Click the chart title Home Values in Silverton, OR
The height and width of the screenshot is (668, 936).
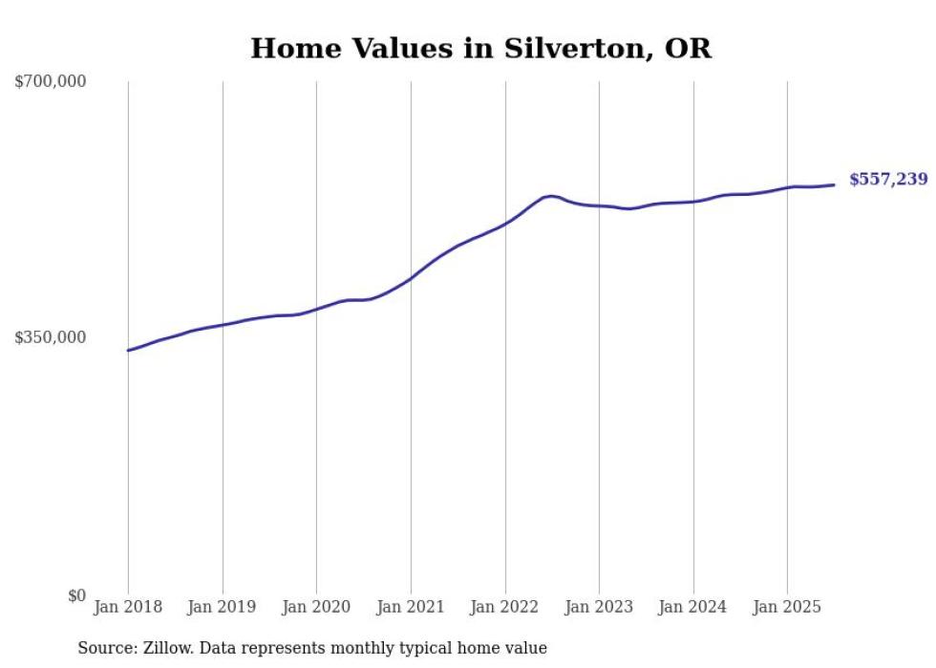(x=480, y=49)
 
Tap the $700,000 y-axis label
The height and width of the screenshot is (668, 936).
(x=50, y=82)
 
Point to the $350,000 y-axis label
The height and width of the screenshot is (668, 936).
(x=50, y=337)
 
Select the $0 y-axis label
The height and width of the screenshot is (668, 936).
(x=76, y=595)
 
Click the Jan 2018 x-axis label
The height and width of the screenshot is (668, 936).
(x=128, y=607)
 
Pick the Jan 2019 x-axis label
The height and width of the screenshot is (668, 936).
(x=223, y=607)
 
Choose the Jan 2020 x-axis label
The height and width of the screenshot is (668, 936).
(x=316, y=607)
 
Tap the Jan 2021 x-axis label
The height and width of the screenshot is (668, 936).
(x=411, y=607)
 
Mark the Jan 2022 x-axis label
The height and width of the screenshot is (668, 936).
(x=505, y=607)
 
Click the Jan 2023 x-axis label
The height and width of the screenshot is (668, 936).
(x=599, y=607)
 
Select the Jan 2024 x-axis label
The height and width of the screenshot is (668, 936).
(x=693, y=607)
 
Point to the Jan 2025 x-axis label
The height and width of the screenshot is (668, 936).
(x=787, y=607)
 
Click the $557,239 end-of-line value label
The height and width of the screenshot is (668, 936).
(x=887, y=180)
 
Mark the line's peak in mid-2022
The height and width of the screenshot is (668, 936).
(x=551, y=196)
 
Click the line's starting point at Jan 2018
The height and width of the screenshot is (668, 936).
(x=128, y=351)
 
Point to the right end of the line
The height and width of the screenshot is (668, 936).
(x=834, y=184)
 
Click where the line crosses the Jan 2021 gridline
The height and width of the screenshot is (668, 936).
(x=411, y=278)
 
